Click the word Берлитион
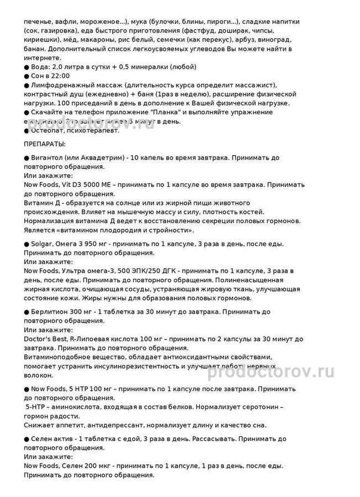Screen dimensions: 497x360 click(x=53, y=312)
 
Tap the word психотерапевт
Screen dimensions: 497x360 click(x=93, y=130)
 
